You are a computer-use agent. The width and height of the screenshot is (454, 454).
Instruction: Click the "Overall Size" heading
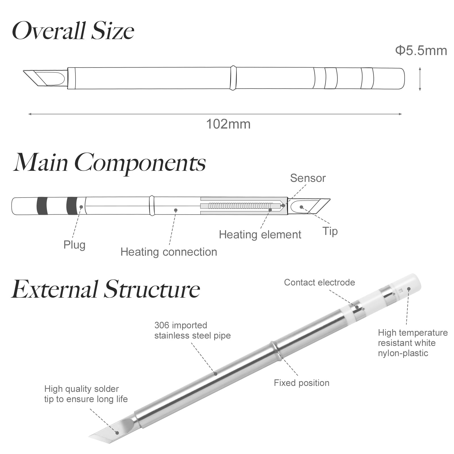point(73,31)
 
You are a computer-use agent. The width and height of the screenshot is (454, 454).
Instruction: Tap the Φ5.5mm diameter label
point(421,51)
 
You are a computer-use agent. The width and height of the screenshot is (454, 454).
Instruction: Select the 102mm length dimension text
point(228,124)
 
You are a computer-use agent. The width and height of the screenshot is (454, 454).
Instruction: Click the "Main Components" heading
point(109,162)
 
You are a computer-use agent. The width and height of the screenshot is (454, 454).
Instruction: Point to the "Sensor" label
point(308,178)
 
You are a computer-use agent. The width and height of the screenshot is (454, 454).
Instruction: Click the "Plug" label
point(74,245)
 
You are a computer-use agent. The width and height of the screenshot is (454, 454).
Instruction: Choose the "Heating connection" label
point(169,252)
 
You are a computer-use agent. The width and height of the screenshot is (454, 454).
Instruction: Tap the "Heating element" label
point(260,235)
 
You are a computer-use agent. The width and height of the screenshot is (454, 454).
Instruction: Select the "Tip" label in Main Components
point(330,231)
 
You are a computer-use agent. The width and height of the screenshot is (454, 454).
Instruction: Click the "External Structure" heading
point(106,289)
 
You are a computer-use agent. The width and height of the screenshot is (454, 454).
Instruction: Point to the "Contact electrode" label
point(319,282)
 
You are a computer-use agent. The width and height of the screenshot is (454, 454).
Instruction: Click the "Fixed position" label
point(301,383)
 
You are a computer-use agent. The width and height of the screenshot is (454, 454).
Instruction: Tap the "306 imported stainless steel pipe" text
point(192,330)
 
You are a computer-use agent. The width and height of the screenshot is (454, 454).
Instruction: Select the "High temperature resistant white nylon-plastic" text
point(413,343)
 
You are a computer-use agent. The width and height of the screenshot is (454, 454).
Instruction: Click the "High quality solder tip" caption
point(86,394)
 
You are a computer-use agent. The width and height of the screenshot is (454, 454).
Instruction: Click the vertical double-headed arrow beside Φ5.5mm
point(420,79)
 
